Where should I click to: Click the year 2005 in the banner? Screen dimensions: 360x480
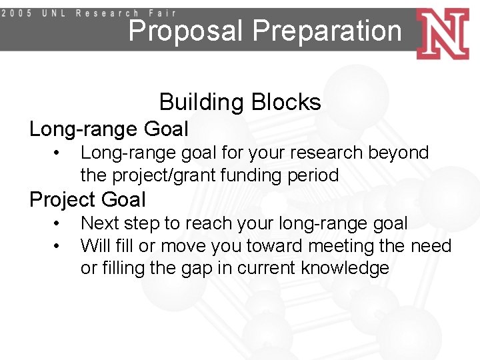point(20,13)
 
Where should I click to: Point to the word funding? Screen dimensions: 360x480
point(253,176)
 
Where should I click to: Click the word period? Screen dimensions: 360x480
point(315,176)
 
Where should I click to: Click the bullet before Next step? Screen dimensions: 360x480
point(59,223)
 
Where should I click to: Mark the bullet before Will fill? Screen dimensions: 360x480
point(59,246)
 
